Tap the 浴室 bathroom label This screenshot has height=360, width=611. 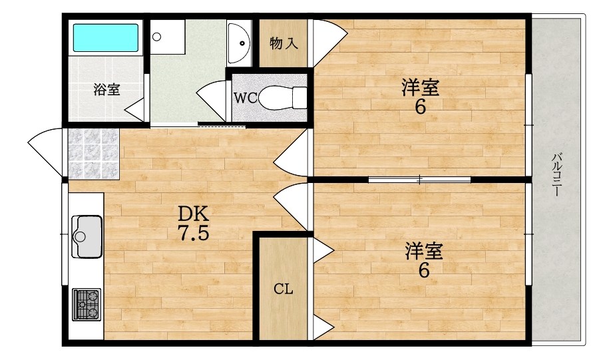106,90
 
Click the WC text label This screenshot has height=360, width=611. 244,98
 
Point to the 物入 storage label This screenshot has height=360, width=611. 283,44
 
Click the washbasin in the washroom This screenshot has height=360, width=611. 238,41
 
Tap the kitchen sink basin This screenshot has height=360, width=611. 87,236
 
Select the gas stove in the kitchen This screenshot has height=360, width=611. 86,304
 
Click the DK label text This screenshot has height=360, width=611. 193,214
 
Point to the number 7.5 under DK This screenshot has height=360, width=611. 193,234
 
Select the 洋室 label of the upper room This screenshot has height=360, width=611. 420,87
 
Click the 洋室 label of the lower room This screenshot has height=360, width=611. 424,252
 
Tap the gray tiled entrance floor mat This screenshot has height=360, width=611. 93,154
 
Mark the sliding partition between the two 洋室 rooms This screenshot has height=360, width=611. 419,179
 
